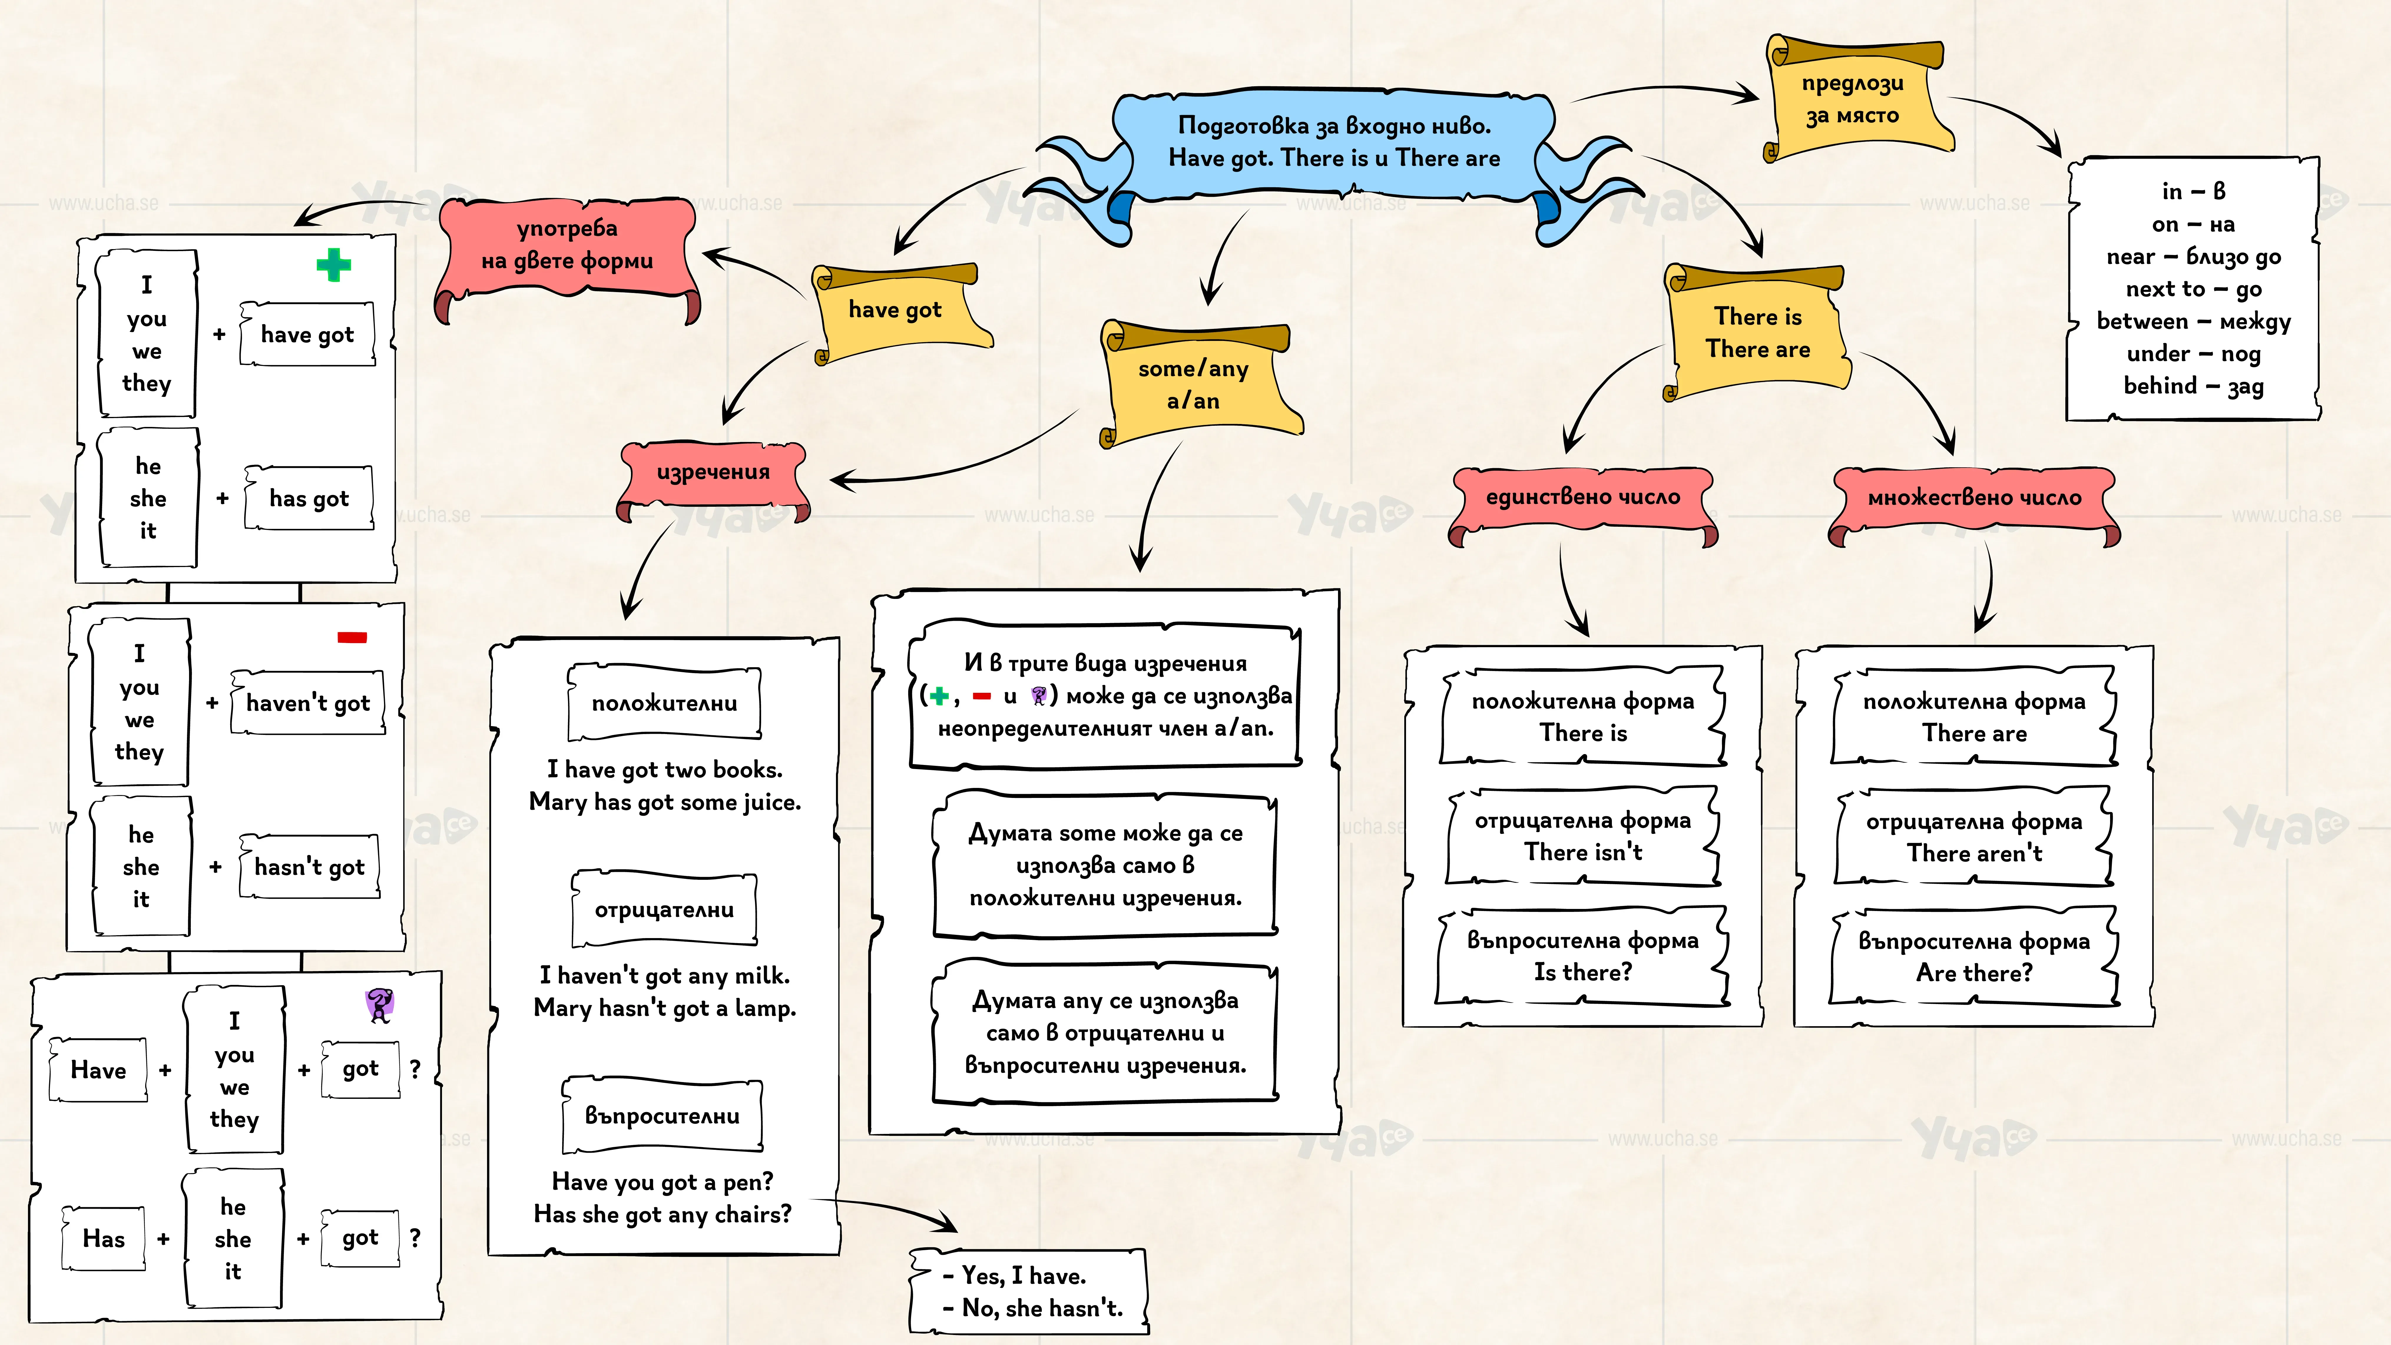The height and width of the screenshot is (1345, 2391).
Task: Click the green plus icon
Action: click(333, 266)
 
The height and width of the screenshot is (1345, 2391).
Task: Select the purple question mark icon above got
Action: click(380, 1004)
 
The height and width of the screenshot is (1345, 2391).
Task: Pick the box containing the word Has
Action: click(103, 1238)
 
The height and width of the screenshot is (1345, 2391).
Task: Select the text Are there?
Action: click(1974, 973)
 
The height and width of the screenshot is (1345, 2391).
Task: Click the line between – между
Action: click(2193, 321)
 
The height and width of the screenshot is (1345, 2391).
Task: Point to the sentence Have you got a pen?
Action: click(663, 1182)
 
